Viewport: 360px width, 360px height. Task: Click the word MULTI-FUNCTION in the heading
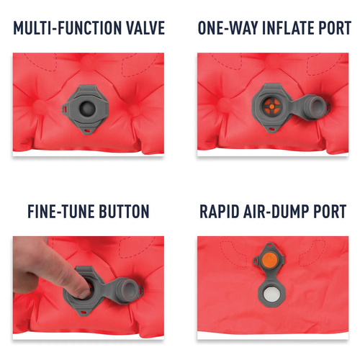pyautogui.click(x=68, y=28)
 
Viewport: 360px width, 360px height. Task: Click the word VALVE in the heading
pyautogui.click(x=145, y=28)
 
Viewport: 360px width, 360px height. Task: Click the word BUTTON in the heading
pyautogui.click(x=124, y=212)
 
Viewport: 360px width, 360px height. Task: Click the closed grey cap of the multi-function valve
pyautogui.click(x=87, y=108)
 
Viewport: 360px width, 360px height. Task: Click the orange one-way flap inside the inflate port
pyautogui.click(x=272, y=106)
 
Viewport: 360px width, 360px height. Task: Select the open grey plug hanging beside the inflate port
pyautogui.click(x=316, y=105)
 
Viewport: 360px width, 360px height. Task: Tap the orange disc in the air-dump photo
pyautogui.click(x=269, y=259)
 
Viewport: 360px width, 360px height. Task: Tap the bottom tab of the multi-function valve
pyautogui.click(x=87, y=131)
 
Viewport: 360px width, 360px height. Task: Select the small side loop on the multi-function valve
pyautogui.click(x=64, y=109)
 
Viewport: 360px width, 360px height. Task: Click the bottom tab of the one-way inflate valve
pyautogui.click(x=271, y=130)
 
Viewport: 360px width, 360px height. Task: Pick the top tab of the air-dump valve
pyautogui.click(x=269, y=246)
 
